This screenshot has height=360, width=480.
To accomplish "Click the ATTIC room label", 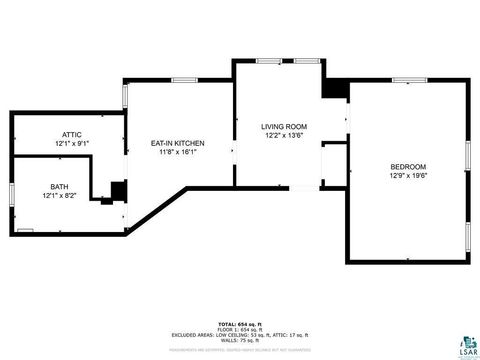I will click(71, 134).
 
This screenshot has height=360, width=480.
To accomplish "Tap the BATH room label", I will click(61, 186).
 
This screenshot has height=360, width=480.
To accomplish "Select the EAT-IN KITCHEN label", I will click(177, 143).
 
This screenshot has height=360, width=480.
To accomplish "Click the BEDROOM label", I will click(407, 166).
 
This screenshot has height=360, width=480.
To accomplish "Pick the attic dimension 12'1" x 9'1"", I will click(71, 144).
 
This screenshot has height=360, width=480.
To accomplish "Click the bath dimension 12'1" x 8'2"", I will click(61, 196).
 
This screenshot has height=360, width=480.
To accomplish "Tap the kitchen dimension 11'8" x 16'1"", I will click(177, 153).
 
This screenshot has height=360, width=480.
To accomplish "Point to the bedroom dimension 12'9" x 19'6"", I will click(407, 176).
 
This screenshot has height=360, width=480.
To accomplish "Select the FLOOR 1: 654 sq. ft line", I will click(239, 328).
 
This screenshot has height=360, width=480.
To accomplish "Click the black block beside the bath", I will click(118, 190).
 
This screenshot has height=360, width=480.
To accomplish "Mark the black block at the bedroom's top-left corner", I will click(333, 88).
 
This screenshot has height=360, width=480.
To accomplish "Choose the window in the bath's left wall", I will click(11, 195).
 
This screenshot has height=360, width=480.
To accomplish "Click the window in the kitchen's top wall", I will click(183, 80).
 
